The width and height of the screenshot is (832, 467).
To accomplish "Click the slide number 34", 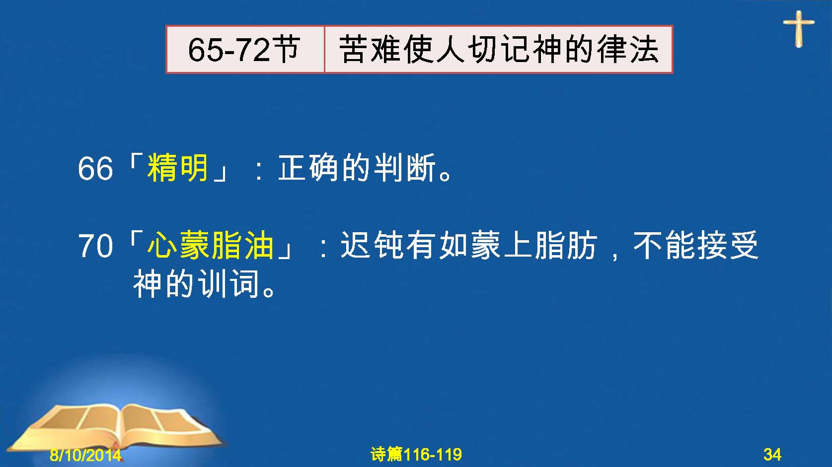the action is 772,455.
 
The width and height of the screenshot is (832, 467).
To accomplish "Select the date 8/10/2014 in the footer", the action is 85,455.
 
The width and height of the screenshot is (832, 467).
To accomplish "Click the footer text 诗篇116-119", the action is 416,454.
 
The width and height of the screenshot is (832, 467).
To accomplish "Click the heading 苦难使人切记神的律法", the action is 499,49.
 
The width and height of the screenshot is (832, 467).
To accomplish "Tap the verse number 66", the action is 95,169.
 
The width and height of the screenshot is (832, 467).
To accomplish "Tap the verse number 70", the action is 95,246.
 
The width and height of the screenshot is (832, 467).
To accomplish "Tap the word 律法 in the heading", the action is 628,49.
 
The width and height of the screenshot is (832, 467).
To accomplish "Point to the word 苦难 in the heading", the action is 370,49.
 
